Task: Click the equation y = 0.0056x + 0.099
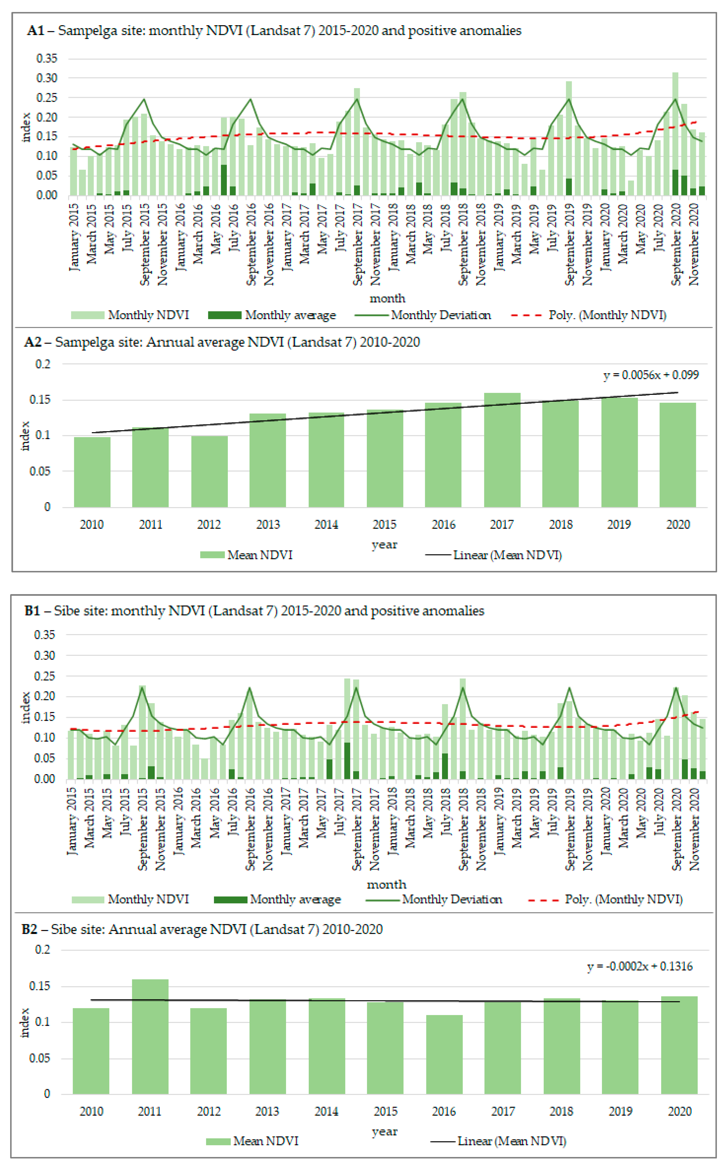651,375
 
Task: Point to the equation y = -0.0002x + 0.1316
640,967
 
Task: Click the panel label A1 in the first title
36,31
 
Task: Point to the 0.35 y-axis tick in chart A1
47,59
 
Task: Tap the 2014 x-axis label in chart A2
326,524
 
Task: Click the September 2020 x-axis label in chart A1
676,245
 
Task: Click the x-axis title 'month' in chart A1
387,298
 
